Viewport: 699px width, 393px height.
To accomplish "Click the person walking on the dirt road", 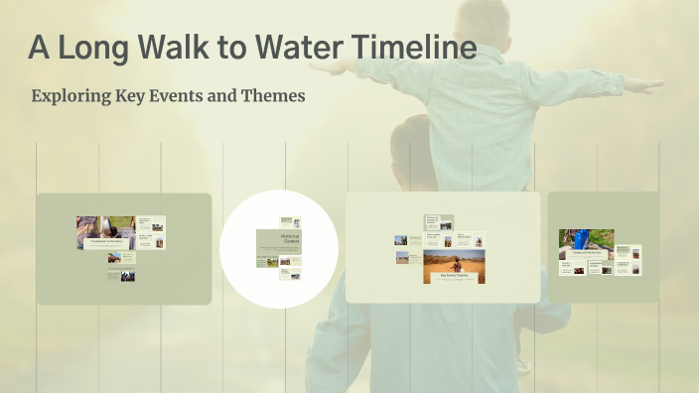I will pyautogui.click(x=458, y=264).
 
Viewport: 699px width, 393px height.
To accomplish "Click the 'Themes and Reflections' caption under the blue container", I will pyautogui.click(x=586, y=253).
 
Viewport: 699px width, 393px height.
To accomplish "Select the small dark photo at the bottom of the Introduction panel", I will pyautogui.click(x=128, y=276).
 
